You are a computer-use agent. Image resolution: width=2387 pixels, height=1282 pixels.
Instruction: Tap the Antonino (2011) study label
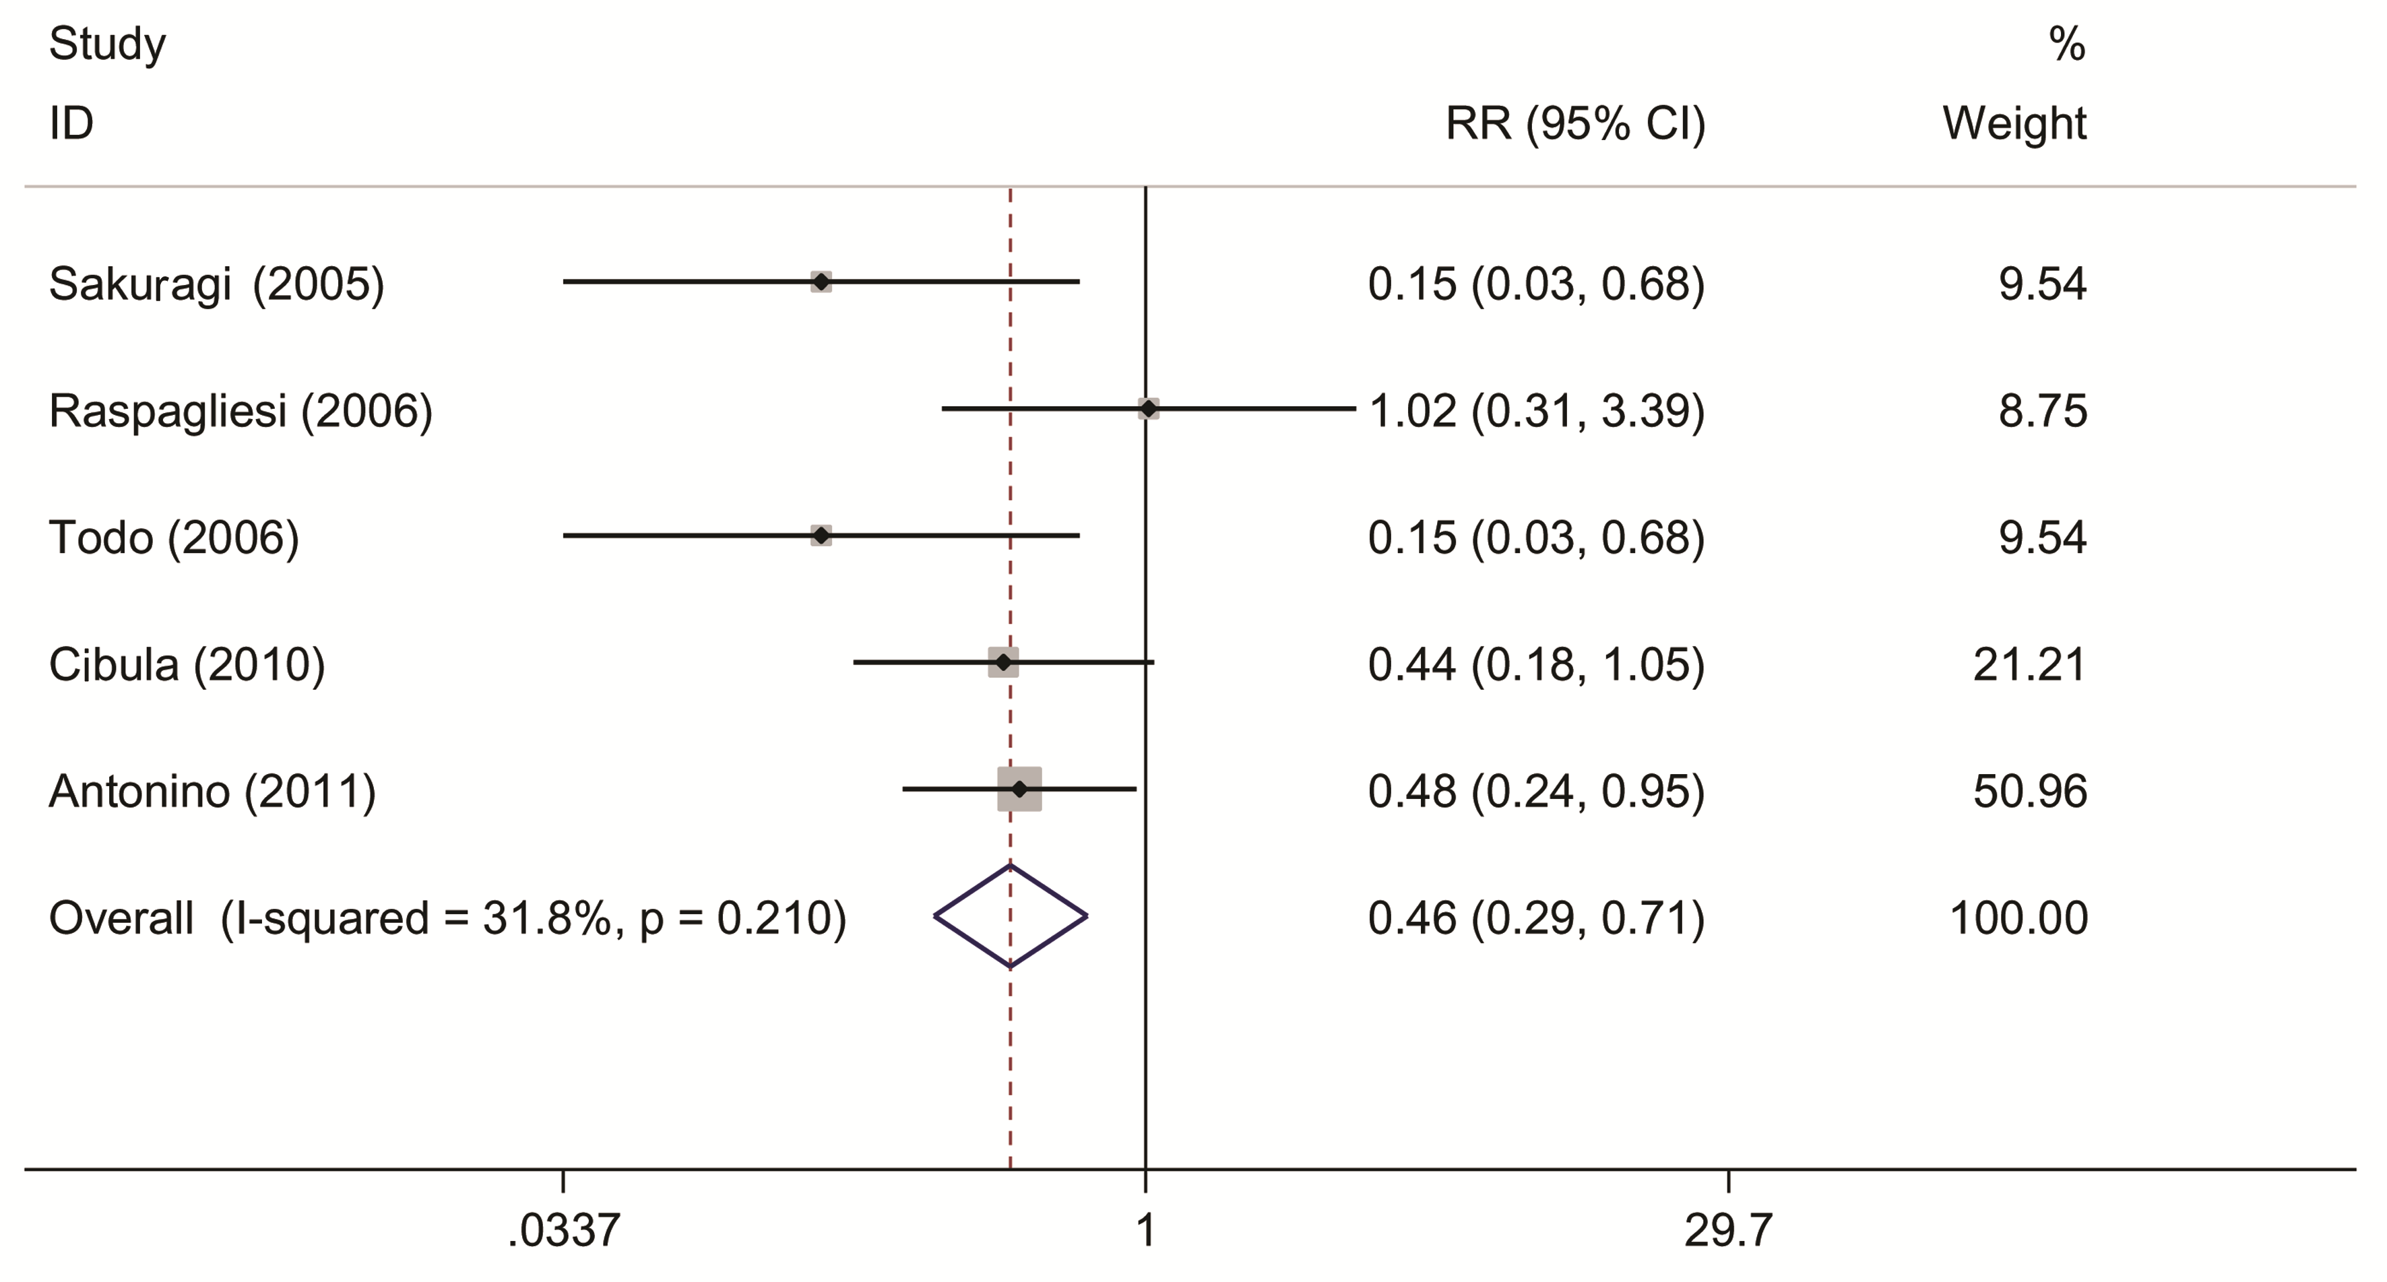click(x=212, y=791)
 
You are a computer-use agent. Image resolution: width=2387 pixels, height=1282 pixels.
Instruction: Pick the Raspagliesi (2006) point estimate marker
click(x=1148, y=408)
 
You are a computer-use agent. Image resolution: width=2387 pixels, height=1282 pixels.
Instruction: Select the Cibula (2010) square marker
click(x=1002, y=662)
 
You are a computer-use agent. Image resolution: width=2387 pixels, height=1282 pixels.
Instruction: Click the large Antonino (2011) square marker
click(x=1019, y=790)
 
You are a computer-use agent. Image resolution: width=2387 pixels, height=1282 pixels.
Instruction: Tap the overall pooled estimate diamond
click(x=1010, y=917)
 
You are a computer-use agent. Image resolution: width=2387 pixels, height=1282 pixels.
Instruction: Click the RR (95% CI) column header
click(x=1575, y=123)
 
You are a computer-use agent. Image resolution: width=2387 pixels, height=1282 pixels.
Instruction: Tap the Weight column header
click(x=2014, y=123)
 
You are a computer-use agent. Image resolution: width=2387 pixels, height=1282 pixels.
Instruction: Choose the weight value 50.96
click(x=2029, y=791)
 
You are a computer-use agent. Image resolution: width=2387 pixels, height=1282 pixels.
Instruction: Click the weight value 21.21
click(x=2029, y=664)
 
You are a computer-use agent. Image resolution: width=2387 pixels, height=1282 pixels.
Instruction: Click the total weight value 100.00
click(x=2018, y=918)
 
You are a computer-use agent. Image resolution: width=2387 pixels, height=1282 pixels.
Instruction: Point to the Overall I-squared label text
click(x=447, y=918)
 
